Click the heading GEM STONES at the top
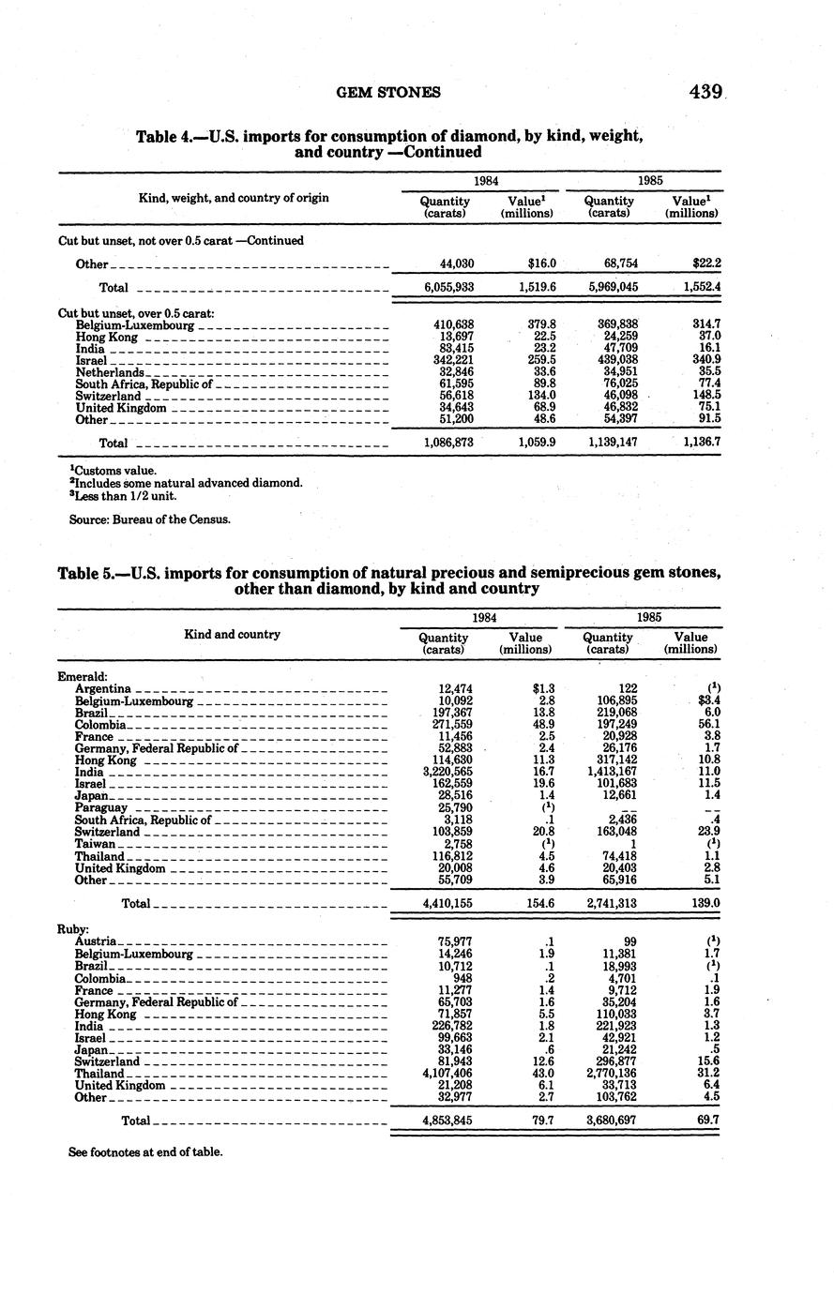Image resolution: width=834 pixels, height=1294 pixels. click(387, 92)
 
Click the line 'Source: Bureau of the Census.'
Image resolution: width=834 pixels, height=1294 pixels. click(149, 519)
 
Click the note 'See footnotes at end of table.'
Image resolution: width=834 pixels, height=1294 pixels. click(145, 1151)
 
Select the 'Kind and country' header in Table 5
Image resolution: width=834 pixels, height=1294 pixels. click(233, 635)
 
